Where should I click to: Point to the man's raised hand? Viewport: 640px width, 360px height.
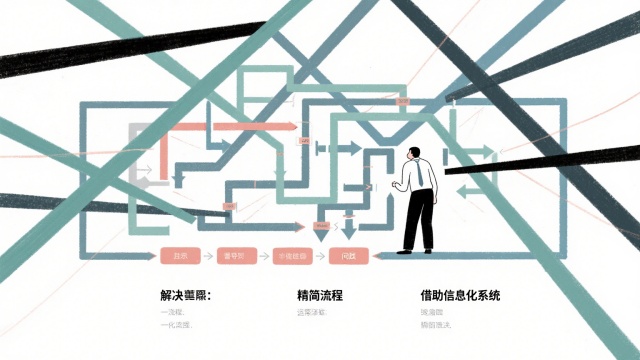coord(397,185)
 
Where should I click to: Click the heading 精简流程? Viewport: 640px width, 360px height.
coord(320,296)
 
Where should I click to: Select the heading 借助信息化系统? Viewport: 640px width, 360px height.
coord(461,296)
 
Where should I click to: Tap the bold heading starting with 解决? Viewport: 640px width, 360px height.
coord(187,296)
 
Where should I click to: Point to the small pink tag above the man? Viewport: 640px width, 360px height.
coord(402,102)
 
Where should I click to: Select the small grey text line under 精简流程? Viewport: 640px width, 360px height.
coord(311,313)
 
